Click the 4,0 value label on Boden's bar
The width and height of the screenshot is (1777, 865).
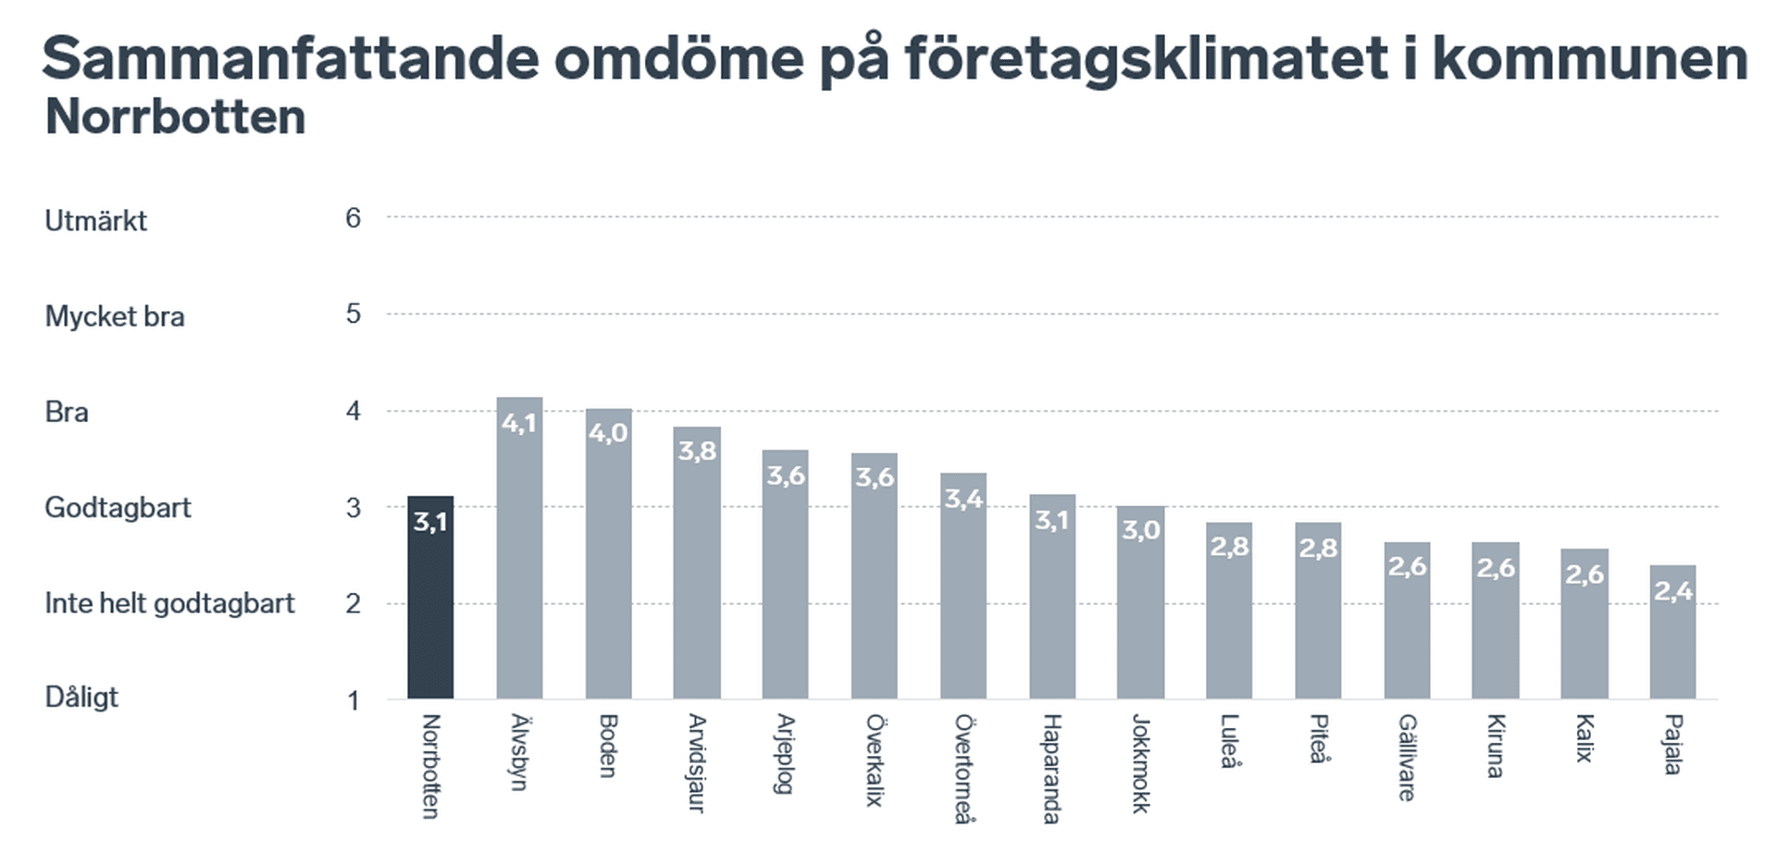608,433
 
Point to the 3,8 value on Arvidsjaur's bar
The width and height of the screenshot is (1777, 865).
697,451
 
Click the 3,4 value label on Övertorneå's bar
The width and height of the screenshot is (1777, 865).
963,499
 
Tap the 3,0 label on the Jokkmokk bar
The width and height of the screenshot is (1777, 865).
1141,530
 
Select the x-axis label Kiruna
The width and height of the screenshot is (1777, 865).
1495,746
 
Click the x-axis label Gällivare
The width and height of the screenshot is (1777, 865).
1407,757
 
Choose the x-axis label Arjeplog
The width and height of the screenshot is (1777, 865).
785,753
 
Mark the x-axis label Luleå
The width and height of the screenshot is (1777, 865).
1229,741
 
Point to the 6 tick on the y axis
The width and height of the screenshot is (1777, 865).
353,218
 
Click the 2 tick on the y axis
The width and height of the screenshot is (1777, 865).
353,604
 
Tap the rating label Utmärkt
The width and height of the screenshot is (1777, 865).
96,221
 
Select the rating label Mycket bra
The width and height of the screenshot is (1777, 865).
115,316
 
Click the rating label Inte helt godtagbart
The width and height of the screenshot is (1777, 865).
169,603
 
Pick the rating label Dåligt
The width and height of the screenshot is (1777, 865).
81,698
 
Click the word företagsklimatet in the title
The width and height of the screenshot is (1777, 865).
1146,58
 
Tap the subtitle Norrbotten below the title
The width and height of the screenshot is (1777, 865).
175,117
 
